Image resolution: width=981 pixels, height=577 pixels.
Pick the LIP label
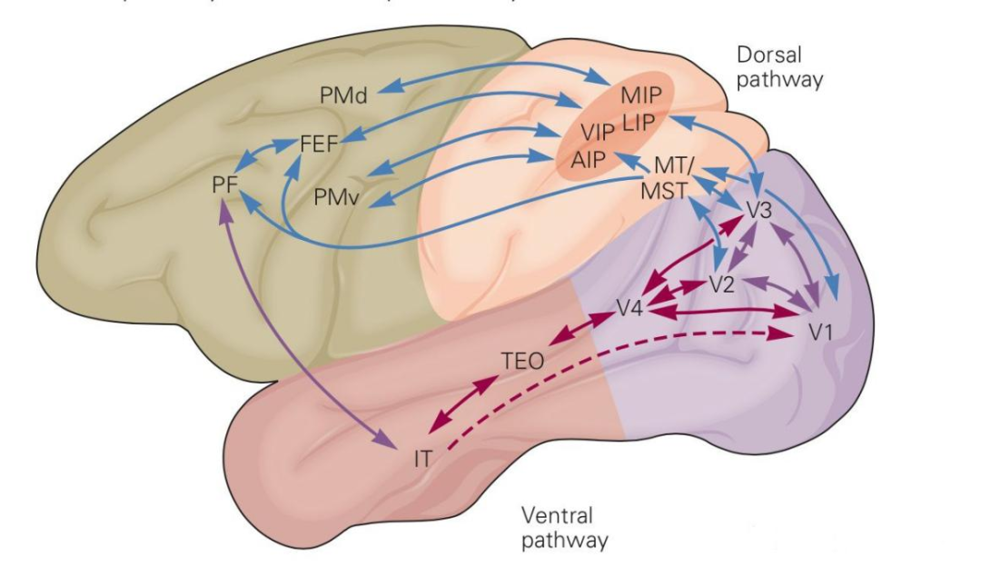tap(643, 121)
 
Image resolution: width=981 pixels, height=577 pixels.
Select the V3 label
tap(758, 210)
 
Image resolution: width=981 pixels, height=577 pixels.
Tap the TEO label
tap(522, 360)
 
